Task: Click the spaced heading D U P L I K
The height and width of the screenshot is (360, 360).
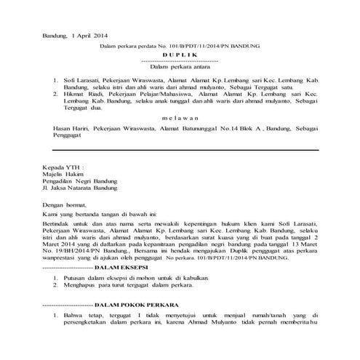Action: (x=180, y=55)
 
